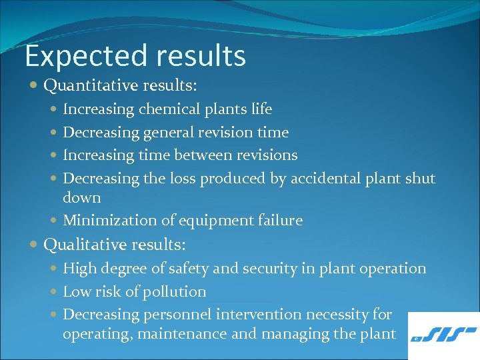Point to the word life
point(261,109)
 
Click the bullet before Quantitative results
point(34,86)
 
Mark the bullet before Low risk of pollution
point(54,292)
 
